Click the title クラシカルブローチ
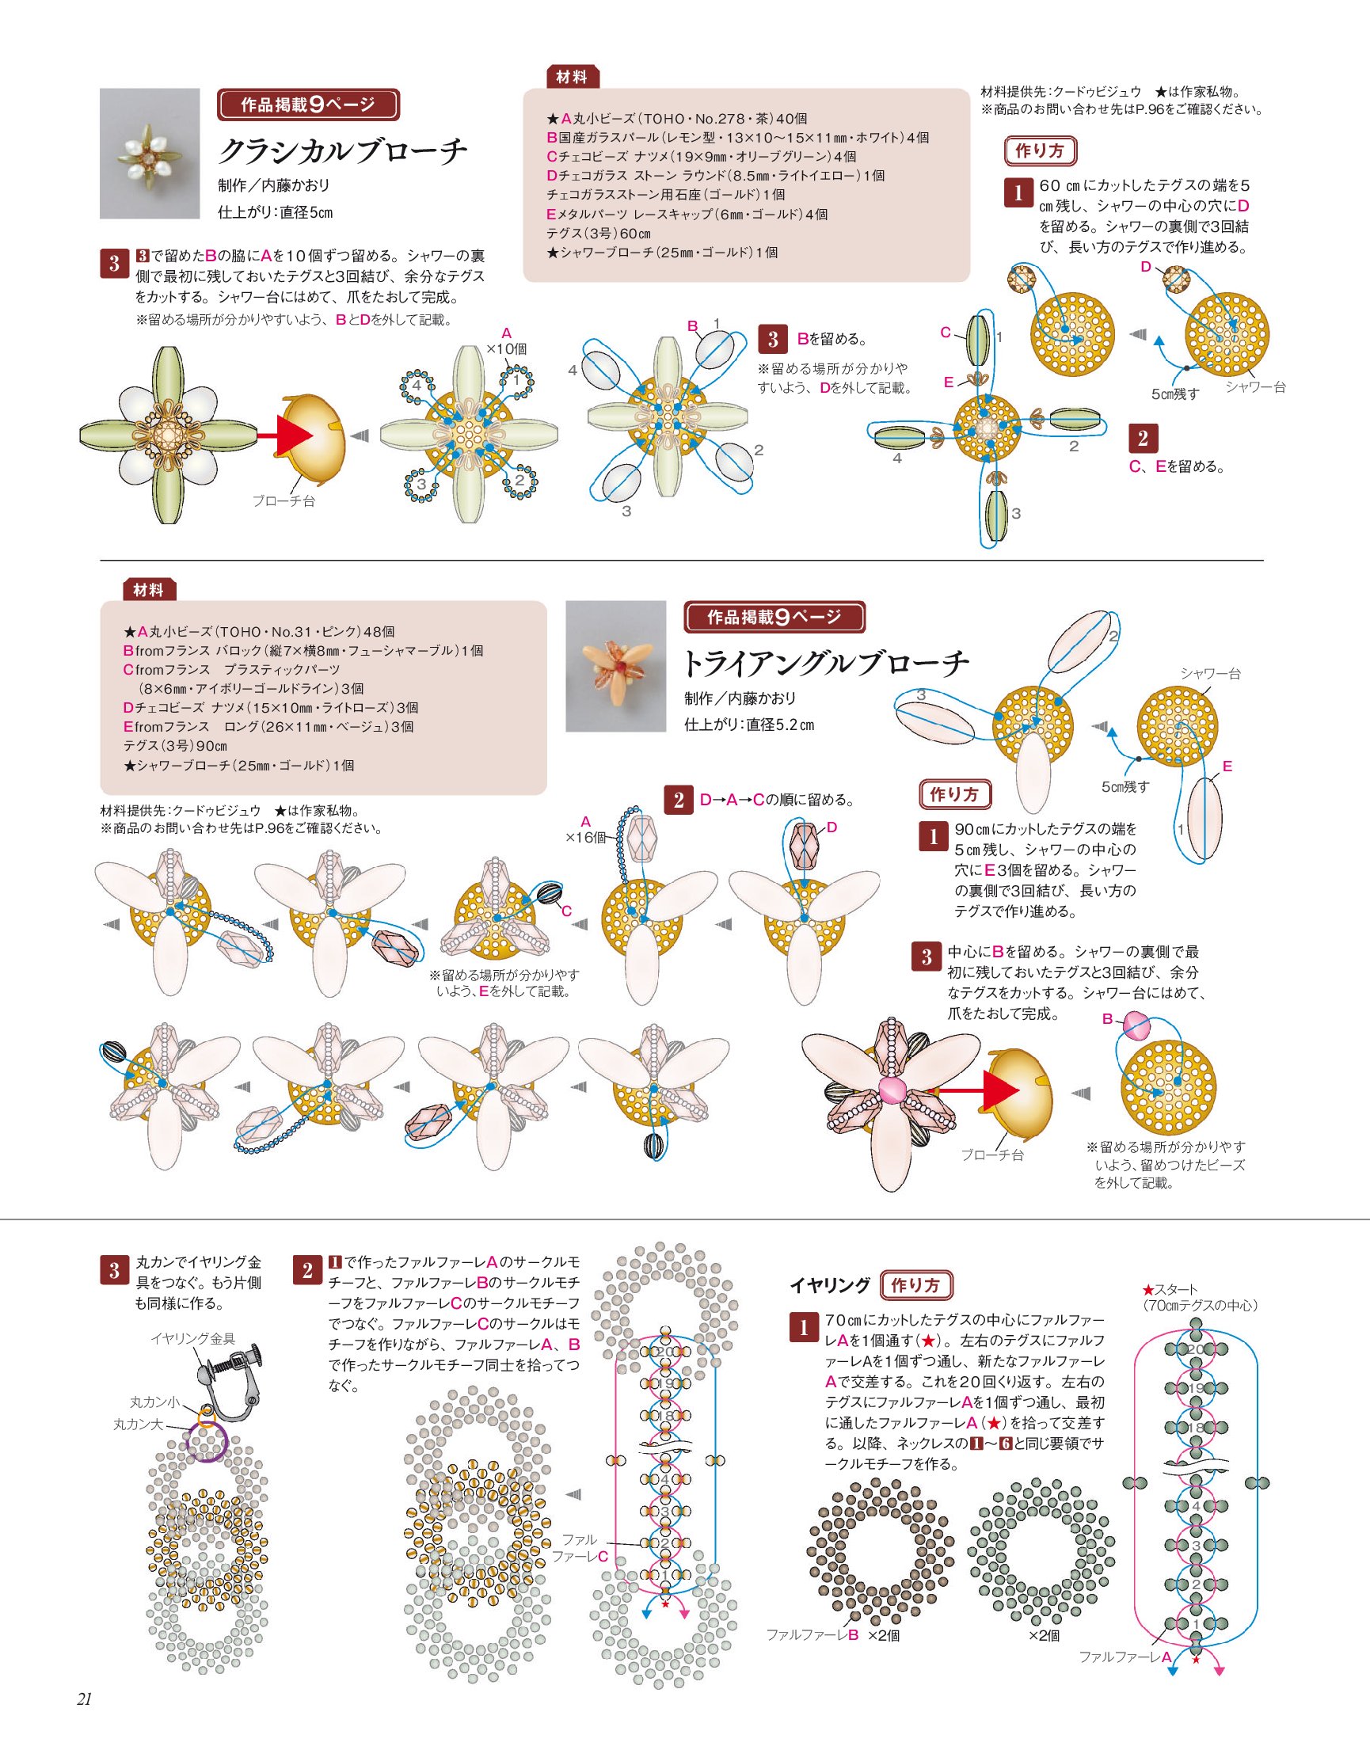(x=342, y=150)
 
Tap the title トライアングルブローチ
(x=825, y=664)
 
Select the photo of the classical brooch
(x=149, y=153)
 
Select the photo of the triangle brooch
(x=616, y=666)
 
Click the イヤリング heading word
(x=830, y=1285)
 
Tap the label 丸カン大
(x=138, y=1425)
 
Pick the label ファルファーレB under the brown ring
(x=812, y=1634)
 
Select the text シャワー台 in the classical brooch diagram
(x=1255, y=387)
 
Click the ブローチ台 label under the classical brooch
(x=284, y=500)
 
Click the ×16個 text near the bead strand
(x=590, y=837)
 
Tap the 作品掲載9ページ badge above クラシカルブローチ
(x=308, y=105)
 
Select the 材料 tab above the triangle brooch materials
(x=149, y=590)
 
